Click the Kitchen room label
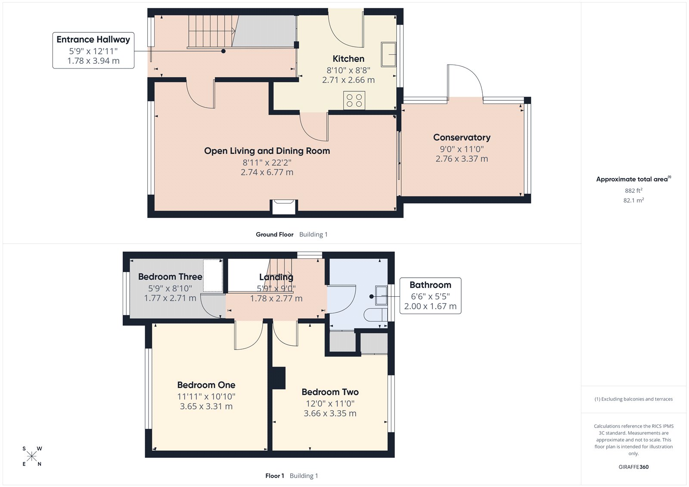point(348,59)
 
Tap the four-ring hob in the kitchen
point(354,101)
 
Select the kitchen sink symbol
point(388,54)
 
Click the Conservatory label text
point(462,137)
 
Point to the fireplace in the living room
point(283,206)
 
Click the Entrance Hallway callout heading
point(93,40)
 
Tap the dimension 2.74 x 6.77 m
point(267,172)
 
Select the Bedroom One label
point(206,385)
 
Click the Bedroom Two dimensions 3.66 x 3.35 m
point(330,413)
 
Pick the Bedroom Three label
point(170,277)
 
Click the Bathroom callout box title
point(430,285)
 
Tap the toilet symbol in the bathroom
point(376,315)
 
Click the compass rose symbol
point(32,456)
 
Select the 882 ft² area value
point(633,190)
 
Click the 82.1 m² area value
point(633,200)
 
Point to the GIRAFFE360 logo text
point(633,467)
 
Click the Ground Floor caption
point(274,235)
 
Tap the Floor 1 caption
point(274,476)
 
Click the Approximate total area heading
point(632,179)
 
